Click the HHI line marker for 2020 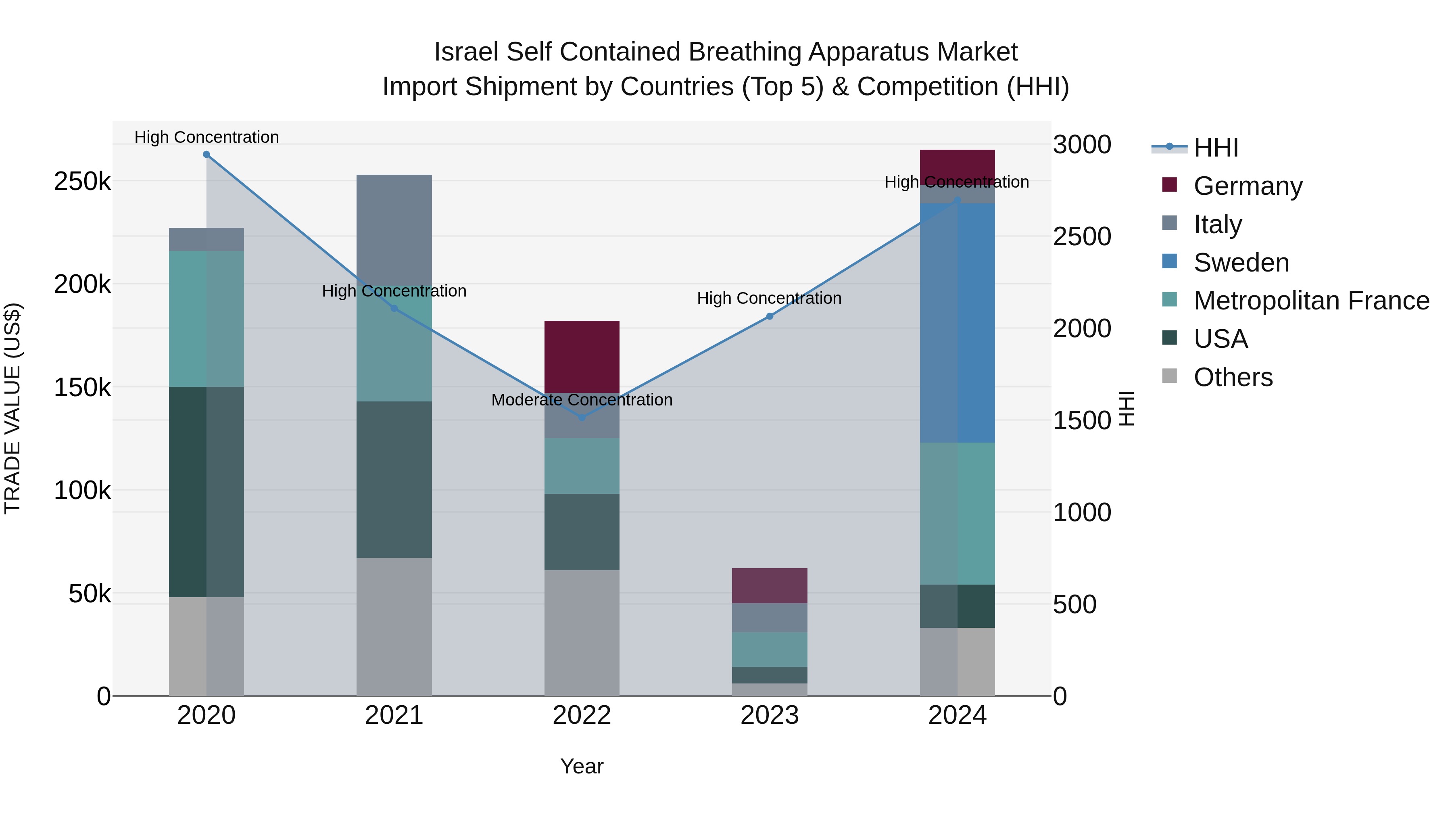click(x=206, y=155)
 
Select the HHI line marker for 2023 click(x=770, y=316)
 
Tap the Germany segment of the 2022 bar click(x=582, y=356)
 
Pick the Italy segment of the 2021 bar click(x=394, y=231)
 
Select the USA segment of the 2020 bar click(x=206, y=492)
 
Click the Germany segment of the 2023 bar click(x=770, y=585)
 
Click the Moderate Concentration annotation click(x=582, y=400)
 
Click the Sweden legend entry click(x=1241, y=262)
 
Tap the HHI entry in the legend click(x=1215, y=148)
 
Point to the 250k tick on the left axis click(x=82, y=182)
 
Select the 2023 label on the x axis click(x=770, y=715)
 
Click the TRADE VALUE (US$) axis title click(x=13, y=408)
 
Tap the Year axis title click(x=582, y=766)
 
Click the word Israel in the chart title click(x=466, y=52)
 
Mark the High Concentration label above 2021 click(x=394, y=291)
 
